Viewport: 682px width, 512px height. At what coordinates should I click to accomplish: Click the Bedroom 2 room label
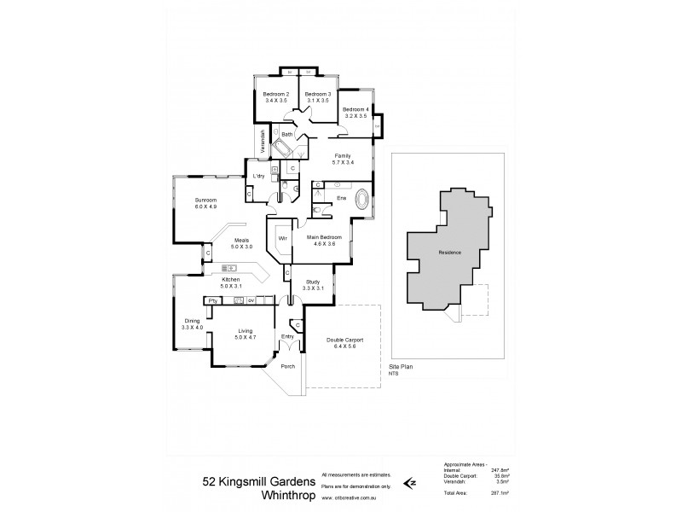276,94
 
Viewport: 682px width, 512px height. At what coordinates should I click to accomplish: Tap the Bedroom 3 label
317,94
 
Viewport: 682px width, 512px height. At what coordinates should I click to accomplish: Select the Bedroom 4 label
355,109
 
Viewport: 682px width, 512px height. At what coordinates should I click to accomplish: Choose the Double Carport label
345,340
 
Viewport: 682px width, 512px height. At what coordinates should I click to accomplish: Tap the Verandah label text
263,142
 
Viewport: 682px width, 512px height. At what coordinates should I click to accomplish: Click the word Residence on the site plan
450,253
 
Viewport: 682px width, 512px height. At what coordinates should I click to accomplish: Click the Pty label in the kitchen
212,300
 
